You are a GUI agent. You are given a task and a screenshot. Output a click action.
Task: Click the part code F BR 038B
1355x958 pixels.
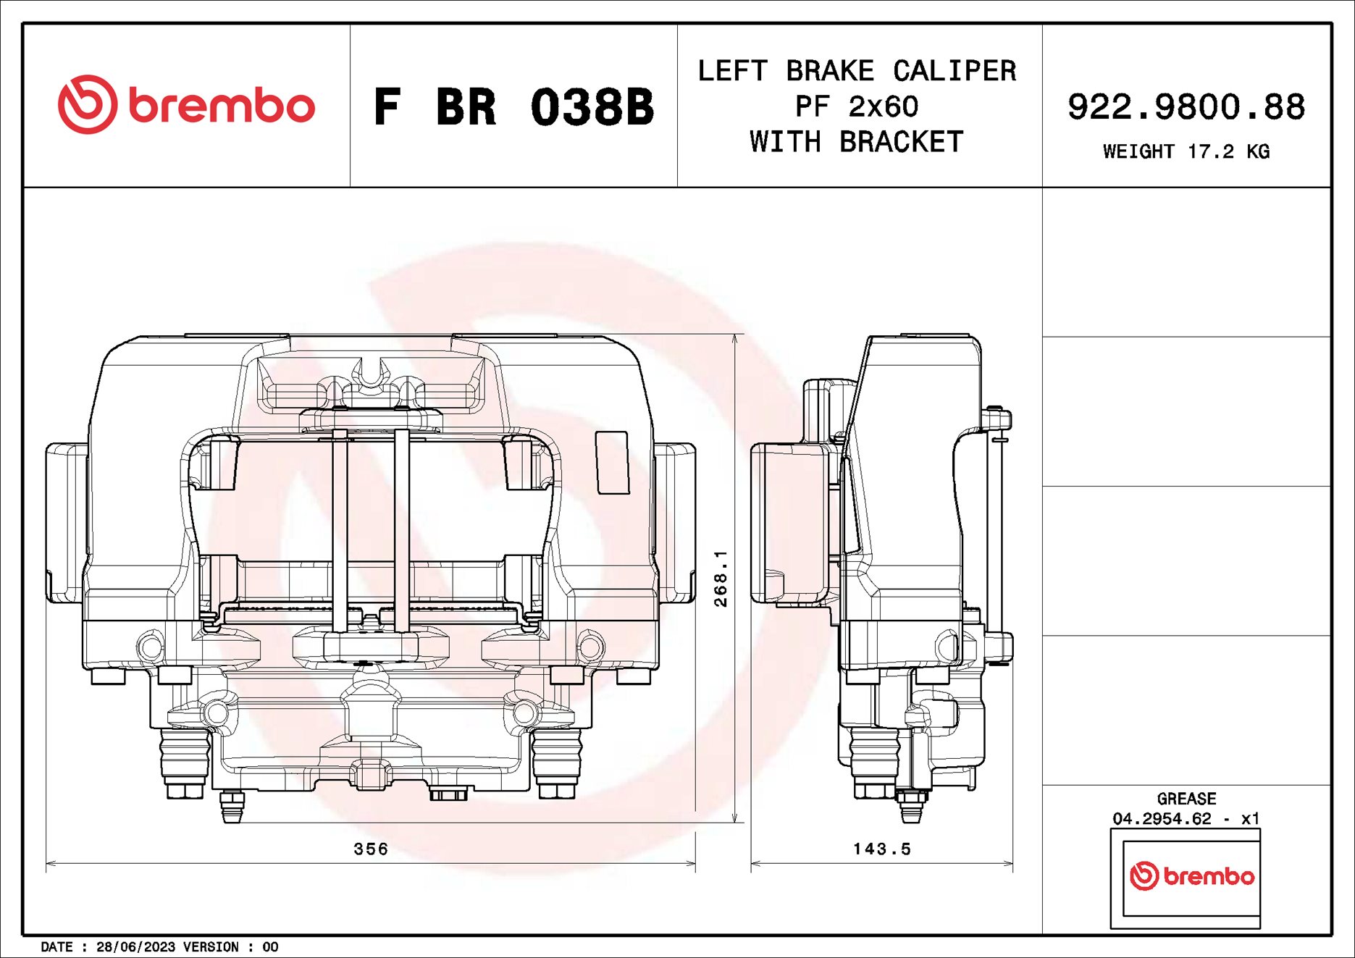[x=513, y=107]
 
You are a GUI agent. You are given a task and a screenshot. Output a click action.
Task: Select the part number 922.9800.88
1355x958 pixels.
[x=1186, y=107]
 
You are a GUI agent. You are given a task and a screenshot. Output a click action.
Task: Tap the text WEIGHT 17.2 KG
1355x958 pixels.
[x=1186, y=151]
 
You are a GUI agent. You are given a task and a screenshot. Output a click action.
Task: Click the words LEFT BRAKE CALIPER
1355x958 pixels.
[x=857, y=71]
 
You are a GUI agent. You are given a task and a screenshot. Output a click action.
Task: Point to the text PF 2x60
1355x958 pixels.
[x=857, y=107]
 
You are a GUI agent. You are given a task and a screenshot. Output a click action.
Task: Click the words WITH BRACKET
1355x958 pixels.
[x=857, y=142]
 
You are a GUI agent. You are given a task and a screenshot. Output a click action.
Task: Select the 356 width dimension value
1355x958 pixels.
[x=371, y=849]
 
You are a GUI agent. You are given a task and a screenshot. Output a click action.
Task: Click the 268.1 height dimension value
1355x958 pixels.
[x=721, y=578]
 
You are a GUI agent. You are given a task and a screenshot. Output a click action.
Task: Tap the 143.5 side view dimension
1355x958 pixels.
[x=881, y=849]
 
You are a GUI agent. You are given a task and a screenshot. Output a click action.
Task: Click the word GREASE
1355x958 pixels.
[x=1186, y=799]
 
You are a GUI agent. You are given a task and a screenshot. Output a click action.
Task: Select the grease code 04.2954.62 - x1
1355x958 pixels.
[x=1186, y=818]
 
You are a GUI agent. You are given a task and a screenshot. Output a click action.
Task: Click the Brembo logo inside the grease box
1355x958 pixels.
[x=1191, y=876]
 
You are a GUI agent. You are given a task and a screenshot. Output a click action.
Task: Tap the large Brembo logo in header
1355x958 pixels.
[x=187, y=105]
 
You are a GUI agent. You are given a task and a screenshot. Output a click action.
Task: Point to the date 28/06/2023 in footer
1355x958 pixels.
[x=135, y=946]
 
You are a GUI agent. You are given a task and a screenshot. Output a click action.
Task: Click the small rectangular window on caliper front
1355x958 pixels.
[x=612, y=463]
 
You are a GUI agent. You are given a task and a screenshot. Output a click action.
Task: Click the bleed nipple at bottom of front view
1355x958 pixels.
[x=232, y=807]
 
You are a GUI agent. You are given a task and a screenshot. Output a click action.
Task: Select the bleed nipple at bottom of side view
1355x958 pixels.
[x=911, y=807]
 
